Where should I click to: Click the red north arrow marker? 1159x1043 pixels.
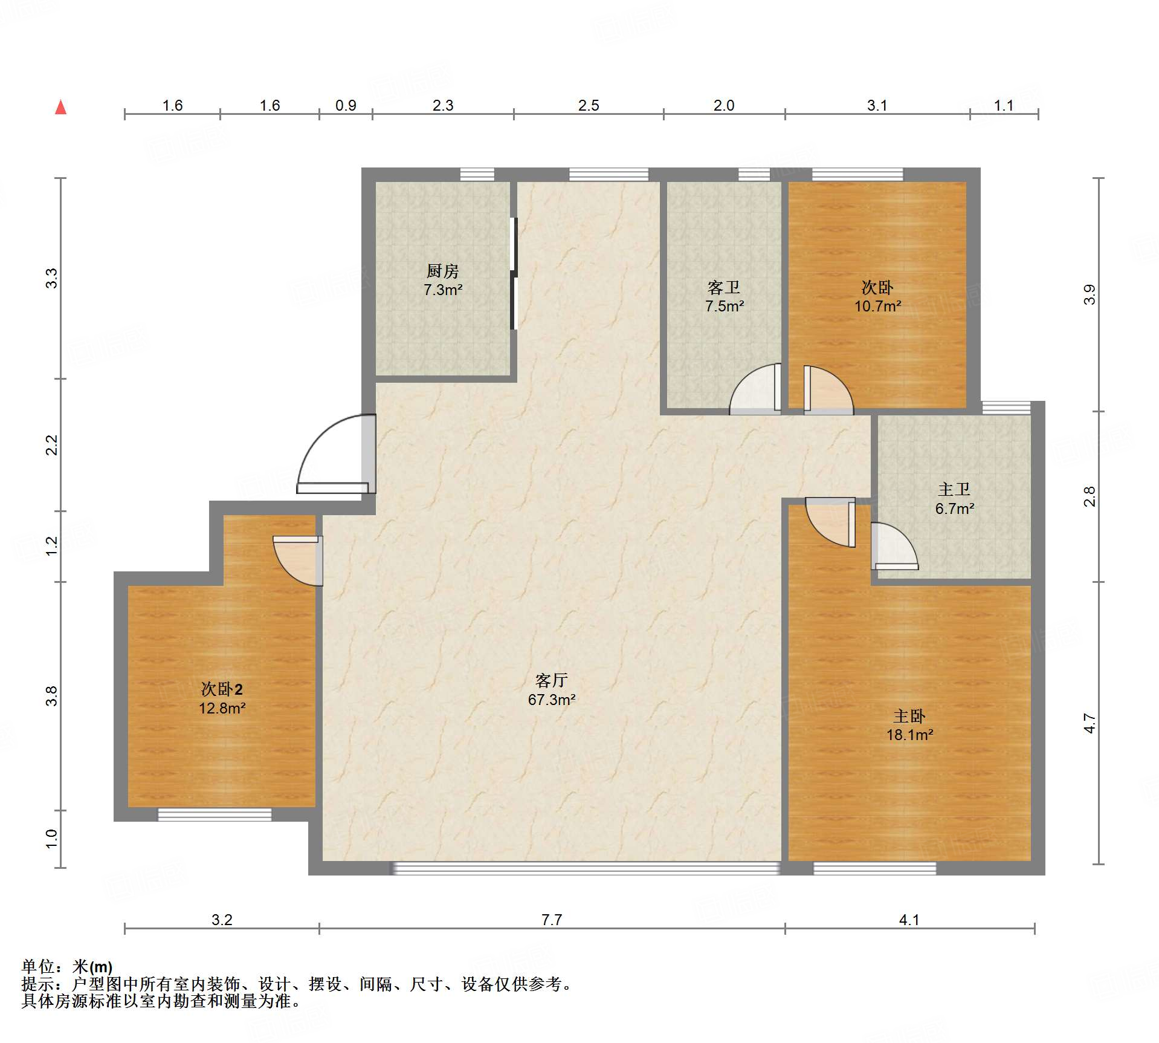60,107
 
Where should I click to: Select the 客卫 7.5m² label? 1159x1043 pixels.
724,296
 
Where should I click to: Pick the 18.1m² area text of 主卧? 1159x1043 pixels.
909,735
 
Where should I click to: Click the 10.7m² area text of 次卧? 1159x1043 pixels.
877,306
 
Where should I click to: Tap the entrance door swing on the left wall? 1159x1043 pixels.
337,453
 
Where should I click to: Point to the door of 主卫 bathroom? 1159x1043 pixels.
894,546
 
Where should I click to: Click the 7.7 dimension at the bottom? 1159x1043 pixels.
551,920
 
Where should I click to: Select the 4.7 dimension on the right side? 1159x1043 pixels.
1089,723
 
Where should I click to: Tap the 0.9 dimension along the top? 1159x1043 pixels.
346,105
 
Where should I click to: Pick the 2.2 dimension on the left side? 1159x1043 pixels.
52,445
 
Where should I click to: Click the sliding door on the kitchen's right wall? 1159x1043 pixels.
514,273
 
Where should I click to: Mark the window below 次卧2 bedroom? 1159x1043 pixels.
215,814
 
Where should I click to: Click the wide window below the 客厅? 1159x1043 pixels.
586,868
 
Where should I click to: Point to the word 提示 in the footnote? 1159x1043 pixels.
38,984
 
